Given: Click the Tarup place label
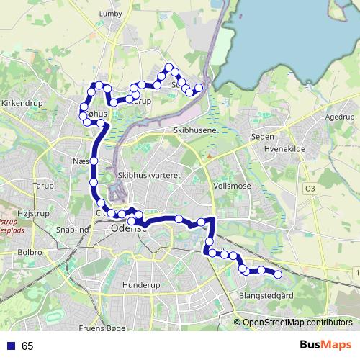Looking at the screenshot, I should click(x=43, y=186).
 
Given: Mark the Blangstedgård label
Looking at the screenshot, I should click(x=266, y=296).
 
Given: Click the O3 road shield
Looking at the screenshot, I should click(x=310, y=189).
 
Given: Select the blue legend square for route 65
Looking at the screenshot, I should click(x=11, y=346).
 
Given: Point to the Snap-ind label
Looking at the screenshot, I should click(x=72, y=230).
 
